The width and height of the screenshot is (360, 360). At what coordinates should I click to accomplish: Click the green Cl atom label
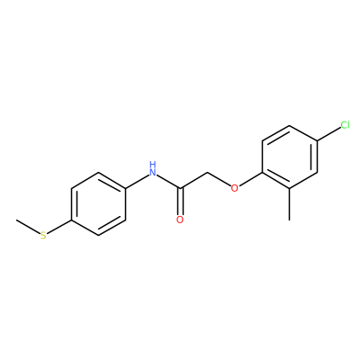coord(345,124)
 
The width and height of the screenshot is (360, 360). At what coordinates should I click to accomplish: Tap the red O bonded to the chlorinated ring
coord(235,188)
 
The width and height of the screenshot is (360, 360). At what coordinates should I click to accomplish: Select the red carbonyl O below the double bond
coord(180,220)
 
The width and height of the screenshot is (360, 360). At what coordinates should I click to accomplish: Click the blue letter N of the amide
coord(153,172)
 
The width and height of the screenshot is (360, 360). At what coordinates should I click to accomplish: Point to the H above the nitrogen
coord(153,164)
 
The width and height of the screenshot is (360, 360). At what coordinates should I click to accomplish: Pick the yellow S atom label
coord(43,236)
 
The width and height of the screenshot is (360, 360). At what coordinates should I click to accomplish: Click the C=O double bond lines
coord(180,202)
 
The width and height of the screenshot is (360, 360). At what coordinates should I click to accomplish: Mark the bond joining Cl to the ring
coord(328,134)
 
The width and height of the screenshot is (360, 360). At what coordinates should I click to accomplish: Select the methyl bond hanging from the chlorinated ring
coord(290,204)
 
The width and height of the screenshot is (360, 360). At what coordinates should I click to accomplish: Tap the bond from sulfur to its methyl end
coord(28,227)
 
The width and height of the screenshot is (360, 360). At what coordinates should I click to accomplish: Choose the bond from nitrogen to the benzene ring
coord(137,182)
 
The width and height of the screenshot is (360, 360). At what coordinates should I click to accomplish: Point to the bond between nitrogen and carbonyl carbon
coord(168,182)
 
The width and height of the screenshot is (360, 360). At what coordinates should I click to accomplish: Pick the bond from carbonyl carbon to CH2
coord(193,180)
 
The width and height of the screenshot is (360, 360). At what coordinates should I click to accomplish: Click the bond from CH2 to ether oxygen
coord(219,179)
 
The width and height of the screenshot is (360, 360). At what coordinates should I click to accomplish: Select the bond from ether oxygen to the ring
coord(250,179)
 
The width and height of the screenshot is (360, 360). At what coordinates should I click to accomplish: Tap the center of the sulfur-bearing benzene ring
coord(98,204)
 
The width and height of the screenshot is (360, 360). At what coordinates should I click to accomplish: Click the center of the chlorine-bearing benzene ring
coord(290,157)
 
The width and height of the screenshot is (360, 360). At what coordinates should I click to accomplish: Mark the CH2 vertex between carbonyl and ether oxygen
coord(207,173)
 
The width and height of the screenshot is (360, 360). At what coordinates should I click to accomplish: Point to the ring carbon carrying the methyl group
coord(290,188)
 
